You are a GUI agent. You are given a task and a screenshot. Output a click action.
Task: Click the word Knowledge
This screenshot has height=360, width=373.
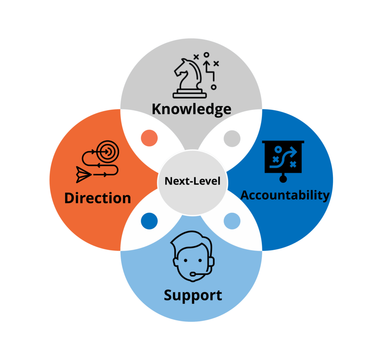tap(192, 109)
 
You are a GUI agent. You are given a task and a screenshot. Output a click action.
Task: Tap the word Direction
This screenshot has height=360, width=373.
tap(98, 198)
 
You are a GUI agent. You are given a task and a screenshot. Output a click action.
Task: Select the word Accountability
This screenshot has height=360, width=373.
tap(285, 195)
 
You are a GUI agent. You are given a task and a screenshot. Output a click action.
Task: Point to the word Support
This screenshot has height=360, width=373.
tap(193, 295)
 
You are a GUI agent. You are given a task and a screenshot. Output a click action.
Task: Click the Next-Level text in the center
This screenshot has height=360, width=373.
tap(193, 181)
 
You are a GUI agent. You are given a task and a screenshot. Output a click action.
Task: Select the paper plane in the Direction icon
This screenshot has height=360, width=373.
tap(83, 175)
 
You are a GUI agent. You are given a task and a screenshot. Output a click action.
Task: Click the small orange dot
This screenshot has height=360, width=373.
tap(149, 138)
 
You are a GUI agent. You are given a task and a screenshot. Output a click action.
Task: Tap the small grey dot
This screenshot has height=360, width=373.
tap(232, 138)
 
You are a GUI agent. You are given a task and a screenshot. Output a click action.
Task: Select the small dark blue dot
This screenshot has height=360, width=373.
tap(149, 221)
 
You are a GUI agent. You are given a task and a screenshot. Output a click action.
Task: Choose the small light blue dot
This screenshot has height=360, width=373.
tap(232, 221)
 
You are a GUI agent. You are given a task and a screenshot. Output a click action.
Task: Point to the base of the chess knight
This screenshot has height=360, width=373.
tap(189, 94)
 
